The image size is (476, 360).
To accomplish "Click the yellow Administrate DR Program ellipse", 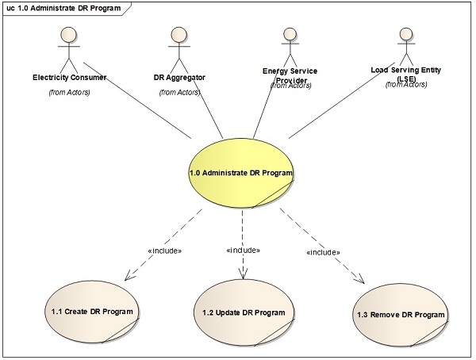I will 241,172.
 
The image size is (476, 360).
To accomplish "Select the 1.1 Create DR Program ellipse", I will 87,311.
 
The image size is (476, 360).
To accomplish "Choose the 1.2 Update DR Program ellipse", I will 244,311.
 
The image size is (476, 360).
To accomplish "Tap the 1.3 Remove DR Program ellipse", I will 401,315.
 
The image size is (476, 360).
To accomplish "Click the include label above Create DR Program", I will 165,251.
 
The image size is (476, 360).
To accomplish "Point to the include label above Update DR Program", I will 244,251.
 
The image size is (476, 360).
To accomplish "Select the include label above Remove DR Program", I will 323,252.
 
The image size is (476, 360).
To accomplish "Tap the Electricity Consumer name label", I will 70,79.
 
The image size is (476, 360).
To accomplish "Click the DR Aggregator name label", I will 180,79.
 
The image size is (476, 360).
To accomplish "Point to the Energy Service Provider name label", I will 290,75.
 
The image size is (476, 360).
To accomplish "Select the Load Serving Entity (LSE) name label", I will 406,74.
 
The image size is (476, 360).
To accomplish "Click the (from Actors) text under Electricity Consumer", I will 70,93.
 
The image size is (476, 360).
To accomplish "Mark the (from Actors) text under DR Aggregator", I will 180,93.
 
